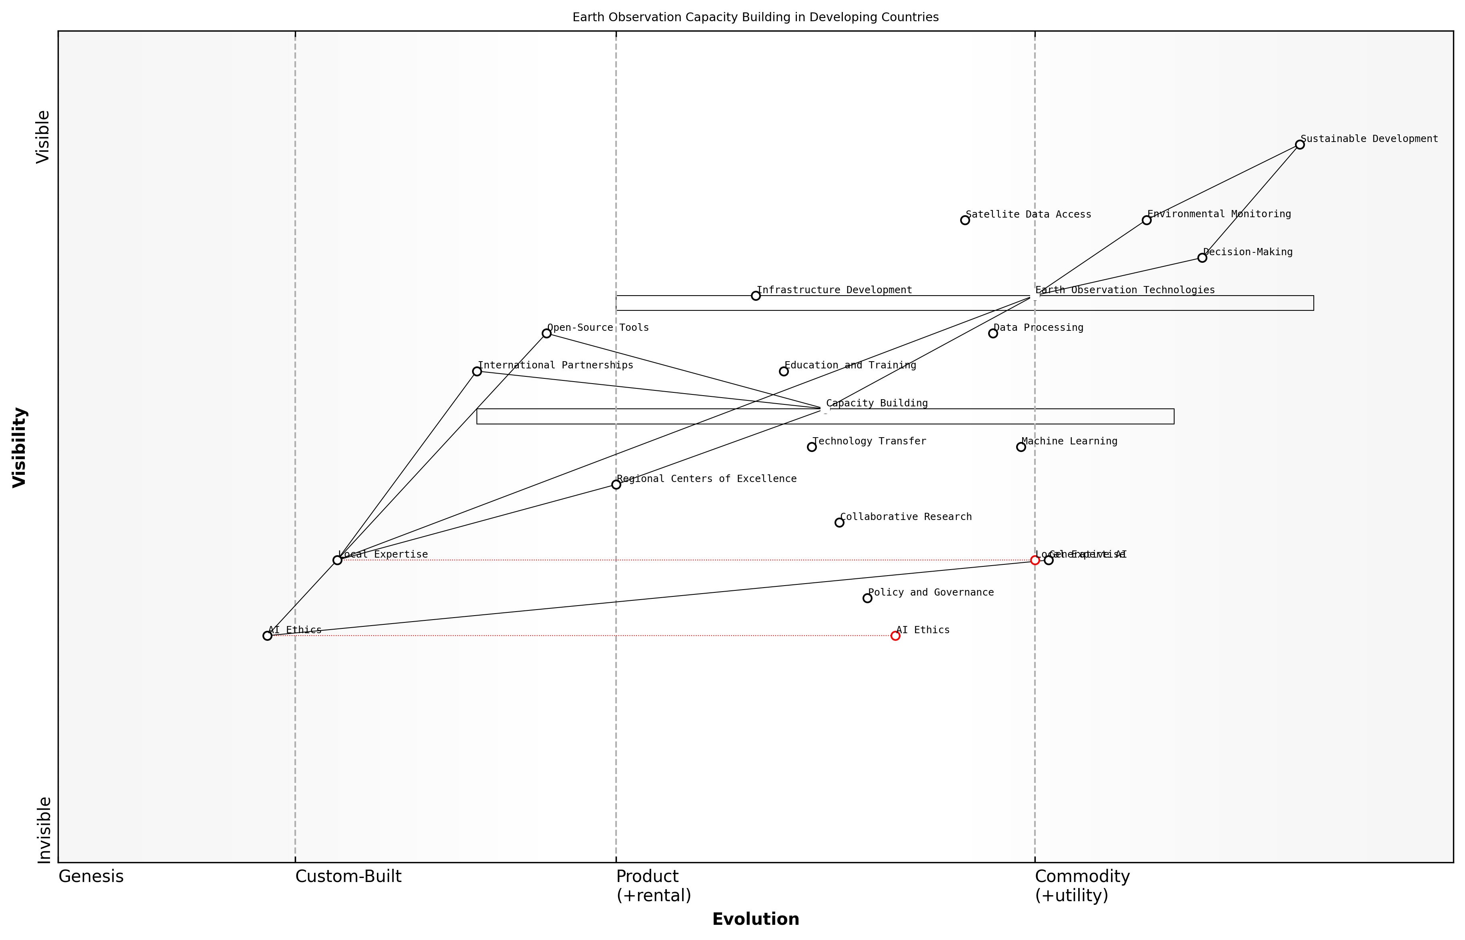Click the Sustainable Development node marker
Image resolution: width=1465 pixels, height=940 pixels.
point(1299,145)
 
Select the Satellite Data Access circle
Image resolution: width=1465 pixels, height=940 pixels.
point(965,220)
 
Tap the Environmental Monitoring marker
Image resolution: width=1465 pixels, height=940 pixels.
point(1147,220)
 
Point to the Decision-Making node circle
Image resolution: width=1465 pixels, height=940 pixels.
point(1202,258)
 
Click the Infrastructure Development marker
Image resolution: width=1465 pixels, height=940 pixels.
point(756,296)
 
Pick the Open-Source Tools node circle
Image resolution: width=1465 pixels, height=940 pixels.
point(546,333)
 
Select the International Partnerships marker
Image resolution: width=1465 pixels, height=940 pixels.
point(477,371)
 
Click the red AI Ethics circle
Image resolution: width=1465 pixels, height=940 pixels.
point(895,636)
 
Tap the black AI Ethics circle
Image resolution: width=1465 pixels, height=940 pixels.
point(267,636)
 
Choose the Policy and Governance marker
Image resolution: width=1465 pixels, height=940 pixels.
point(867,598)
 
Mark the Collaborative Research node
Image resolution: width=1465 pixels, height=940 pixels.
point(839,522)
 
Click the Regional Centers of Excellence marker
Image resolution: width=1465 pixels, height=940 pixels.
point(616,485)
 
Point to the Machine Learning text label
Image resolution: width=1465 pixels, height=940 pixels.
point(1069,441)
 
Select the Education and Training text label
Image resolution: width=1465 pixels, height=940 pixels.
point(850,366)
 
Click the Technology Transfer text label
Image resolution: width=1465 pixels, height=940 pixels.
point(869,441)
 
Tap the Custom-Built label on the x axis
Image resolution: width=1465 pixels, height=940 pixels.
point(348,876)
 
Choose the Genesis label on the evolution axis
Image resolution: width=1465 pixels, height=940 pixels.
point(91,876)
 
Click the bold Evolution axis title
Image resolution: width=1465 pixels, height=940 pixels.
point(756,919)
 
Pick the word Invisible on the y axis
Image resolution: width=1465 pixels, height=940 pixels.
point(43,830)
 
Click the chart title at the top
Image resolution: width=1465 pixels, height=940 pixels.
point(756,18)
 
